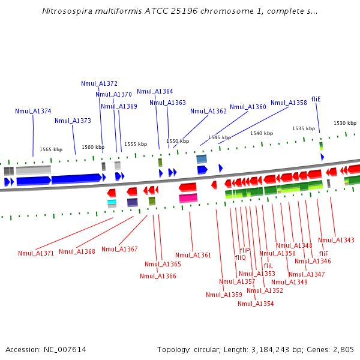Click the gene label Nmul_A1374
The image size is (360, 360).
click(x=33, y=111)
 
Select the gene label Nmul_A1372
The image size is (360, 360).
click(x=99, y=83)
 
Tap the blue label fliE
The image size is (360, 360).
click(x=316, y=99)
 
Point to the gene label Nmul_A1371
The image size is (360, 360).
click(x=36, y=253)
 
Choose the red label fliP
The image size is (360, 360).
click(x=244, y=250)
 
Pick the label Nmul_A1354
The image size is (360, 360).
click(x=256, y=304)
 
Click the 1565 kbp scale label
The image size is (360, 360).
click(x=51, y=149)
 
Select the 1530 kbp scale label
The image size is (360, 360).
click(x=344, y=123)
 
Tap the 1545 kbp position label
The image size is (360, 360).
click(x=220, y=137)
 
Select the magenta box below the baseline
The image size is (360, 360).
click(x=188, y=198)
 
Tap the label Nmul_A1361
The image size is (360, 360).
click(x=193, y=255)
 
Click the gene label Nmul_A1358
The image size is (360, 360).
click(x=289, y=103)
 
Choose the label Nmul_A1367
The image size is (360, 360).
click(x=119, y=249)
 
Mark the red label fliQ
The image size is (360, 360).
click(x=240, y=257)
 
